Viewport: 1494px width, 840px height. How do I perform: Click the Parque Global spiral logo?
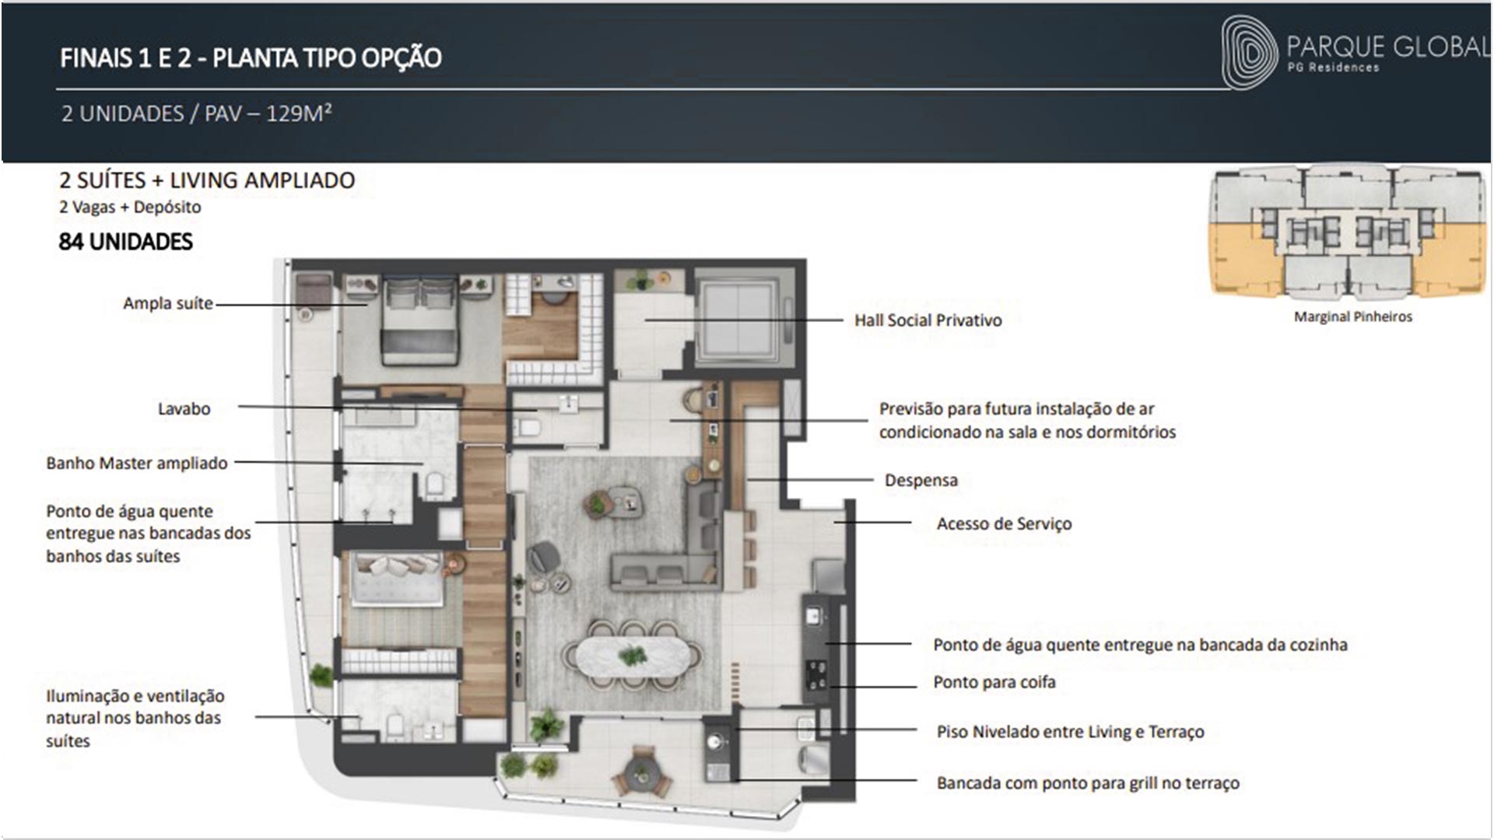pos(1249,52)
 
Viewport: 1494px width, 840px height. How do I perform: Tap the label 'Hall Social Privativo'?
pos(928,320)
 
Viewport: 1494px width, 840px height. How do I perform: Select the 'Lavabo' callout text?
pos(184,409)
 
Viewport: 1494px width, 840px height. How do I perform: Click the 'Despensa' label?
pos(921,481)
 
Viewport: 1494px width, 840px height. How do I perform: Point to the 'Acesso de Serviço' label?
pos(1004,524)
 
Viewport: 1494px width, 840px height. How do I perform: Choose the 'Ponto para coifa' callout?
pos(994,683)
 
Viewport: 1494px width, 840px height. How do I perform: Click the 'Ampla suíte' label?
pos(168,303)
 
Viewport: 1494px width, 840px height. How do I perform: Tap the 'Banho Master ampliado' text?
pos(137,464)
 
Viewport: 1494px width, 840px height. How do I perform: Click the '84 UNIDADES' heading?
pos(125,242)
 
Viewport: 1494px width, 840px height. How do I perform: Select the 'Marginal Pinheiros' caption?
pos(1352,317)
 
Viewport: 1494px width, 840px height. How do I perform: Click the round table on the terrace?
pos(642,773)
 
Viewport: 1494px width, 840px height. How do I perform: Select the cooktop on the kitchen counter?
pos(815,674)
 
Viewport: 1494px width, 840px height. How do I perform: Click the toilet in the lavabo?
pos(529,427)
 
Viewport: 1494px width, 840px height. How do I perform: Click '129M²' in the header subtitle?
pos(299,114)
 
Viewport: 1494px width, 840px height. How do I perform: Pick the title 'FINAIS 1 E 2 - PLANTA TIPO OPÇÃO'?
pos(251,58)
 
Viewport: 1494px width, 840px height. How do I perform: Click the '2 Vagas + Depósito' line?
pos(130,208)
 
